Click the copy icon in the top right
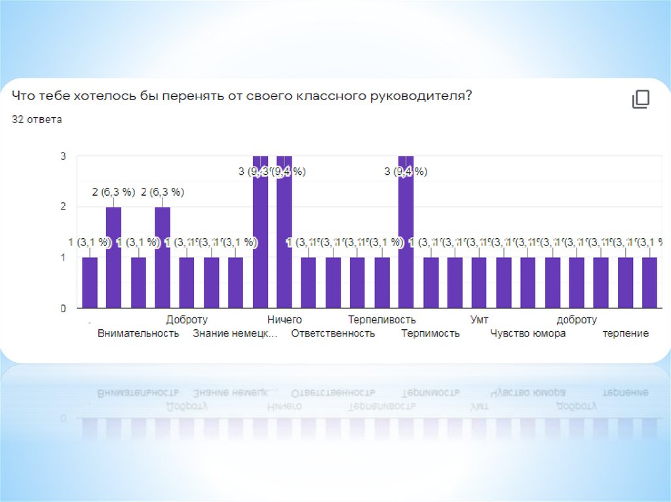[x=640, y=99]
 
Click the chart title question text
[x=242, y=96]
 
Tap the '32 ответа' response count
[x=37, y=120]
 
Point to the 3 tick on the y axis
[x=63, y=156]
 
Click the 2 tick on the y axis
[x=63, y=207]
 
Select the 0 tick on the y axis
[x=63, y=308]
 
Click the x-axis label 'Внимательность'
[x=138, y=334]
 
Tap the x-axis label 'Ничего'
[x=284, y=320]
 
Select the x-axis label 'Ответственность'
[x=333, y=334]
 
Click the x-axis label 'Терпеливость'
[x=382, y=320]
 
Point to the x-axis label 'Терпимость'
[x=431, y=334]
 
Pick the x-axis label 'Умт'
[x=479, y=320]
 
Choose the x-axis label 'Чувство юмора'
[x=528, y=334]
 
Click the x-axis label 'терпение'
[x=626, y=334]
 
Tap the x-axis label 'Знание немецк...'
[x=235, y=334]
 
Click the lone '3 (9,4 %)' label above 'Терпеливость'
[x=406, y=171]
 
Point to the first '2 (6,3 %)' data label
[x=113, y=192]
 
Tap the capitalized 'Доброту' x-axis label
[x=187, y=320]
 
